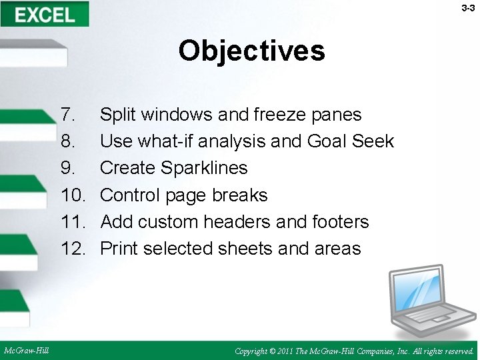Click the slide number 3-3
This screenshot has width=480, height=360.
pos(468,8)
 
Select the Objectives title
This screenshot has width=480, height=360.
pos(251,51)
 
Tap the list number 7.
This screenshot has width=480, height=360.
pos(67,115)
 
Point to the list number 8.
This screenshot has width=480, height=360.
pos(67,141)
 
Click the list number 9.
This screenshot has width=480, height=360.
pos(67,168)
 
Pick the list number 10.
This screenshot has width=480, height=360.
pos(73,195)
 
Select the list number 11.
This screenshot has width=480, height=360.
pos(73,221)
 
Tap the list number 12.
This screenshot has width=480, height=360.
pos(73,249)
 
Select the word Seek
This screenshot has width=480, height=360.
pos(374,141)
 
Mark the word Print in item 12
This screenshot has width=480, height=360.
pos(119,249)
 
